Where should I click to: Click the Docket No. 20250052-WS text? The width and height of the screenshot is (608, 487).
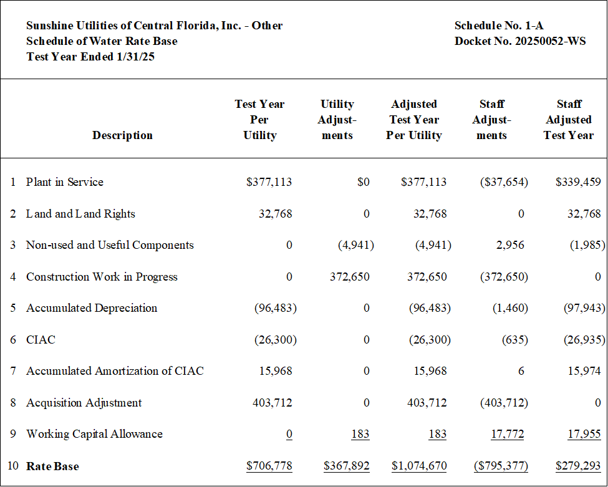tap(520, 41)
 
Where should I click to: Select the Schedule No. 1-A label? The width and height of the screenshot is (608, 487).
tap(499, 26)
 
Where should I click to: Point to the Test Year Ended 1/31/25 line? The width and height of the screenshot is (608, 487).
tap(90, 57)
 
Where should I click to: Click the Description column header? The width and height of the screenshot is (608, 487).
tap(122, 135)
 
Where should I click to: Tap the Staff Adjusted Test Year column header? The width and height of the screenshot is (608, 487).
tap(569, 120)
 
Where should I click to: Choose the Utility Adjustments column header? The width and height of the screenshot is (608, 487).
tap(337, 120)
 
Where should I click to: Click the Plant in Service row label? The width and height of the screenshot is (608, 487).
tap(65, 182)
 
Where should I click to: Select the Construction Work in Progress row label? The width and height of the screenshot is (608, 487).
tap(102, 277)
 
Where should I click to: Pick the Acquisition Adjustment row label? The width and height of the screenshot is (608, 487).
tap(84, 403)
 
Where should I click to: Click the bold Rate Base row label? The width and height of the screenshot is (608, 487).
tap(52, 466)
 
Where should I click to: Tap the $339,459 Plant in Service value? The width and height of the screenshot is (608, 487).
tap(578, 182)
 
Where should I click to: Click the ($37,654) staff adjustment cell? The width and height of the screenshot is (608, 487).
tap(504, 182)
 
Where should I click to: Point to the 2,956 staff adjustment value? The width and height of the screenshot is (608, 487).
tap(510, 245)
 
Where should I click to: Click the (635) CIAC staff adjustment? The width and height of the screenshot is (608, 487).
tap(515, 340)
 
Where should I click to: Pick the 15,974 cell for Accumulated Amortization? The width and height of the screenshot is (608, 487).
tap(584, 371)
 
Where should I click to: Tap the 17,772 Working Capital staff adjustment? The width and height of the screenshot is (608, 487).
tap(507, 434)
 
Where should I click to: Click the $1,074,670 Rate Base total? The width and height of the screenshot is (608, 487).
tap(419, 466)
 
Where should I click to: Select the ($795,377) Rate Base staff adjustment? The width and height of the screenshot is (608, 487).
tap(501, 466)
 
